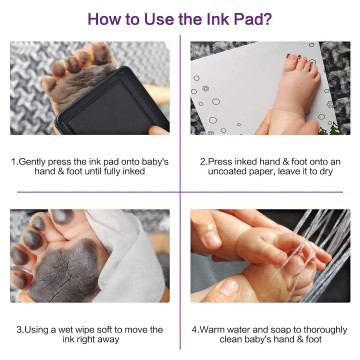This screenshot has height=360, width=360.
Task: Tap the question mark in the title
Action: point(267,19)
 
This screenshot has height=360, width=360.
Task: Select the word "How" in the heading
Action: point(103,19)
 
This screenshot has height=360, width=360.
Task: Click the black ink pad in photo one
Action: point(112,101)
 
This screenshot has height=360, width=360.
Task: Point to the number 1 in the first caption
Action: point(14,162)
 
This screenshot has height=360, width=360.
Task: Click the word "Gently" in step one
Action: point(32,162)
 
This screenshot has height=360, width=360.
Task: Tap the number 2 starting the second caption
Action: point(202,162)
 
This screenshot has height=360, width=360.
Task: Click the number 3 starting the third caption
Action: point(19,330)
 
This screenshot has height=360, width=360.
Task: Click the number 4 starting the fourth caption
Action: point(194,330)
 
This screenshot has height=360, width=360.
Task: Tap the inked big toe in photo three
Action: point(62,216)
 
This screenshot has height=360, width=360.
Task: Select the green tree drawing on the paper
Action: point(333,129)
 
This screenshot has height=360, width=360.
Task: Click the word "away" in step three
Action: point(109,340)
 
